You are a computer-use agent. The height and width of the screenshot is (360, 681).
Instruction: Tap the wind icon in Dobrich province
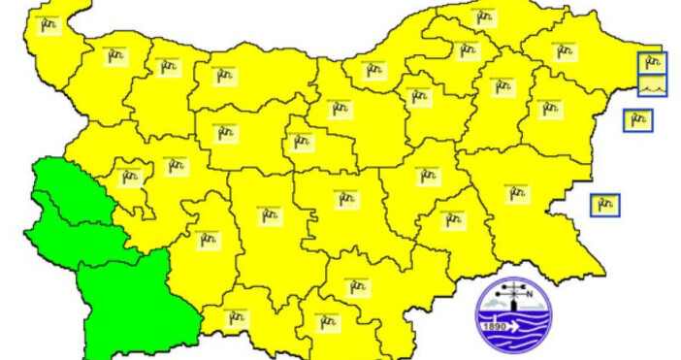point(563,51)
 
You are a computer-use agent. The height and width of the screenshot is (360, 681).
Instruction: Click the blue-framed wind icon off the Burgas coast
point(604,205)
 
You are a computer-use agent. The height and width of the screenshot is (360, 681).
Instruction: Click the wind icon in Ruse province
point(373,70)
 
